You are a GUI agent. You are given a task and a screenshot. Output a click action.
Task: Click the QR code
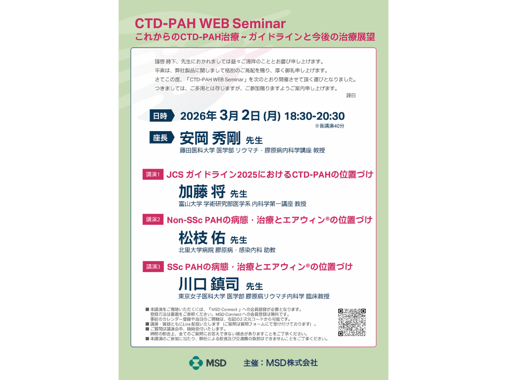[x=352, y=322]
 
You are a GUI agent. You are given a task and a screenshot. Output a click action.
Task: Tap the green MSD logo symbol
[x=196, y=363]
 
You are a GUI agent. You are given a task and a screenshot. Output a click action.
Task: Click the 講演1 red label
[x=153, y=175]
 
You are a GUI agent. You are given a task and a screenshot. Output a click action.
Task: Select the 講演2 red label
[x=153, y=219]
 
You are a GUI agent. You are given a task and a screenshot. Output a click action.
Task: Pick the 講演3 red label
[x=153, y=267]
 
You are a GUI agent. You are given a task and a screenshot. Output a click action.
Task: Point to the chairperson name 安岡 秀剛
[x=210, y=139]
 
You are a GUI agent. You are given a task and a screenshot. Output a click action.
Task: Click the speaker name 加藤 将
[x=202, y=191]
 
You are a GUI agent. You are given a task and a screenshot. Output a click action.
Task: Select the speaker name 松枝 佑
[x=202, y=238]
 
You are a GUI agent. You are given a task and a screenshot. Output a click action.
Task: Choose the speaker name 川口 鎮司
[x=209, y=284]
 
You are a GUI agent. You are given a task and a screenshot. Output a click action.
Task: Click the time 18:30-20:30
[x=314, y=116]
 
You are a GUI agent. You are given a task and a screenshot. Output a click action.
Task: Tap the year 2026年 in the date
[x=198, y=116]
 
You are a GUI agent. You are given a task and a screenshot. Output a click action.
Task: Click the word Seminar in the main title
[x=259, y=24]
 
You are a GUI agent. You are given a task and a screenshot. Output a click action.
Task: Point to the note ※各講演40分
[x=329, y=126]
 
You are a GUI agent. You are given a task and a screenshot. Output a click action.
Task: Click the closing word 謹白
[x=351, y=95]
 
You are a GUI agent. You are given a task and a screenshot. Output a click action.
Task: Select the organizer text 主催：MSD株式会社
[x=281, y=363]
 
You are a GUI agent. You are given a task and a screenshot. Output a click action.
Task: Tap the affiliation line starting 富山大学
[x=243, y=204]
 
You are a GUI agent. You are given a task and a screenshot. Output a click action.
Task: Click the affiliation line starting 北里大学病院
[x=227, y=250]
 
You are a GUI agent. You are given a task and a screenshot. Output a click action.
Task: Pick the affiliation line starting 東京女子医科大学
[x=254, y=296]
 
